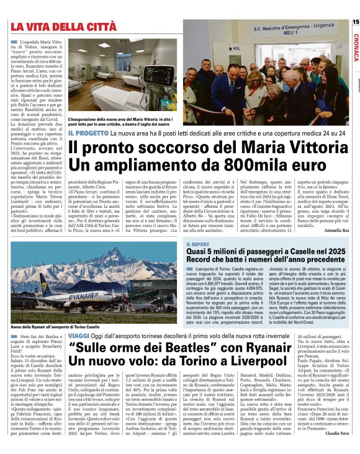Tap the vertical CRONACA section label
pos(356,47)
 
